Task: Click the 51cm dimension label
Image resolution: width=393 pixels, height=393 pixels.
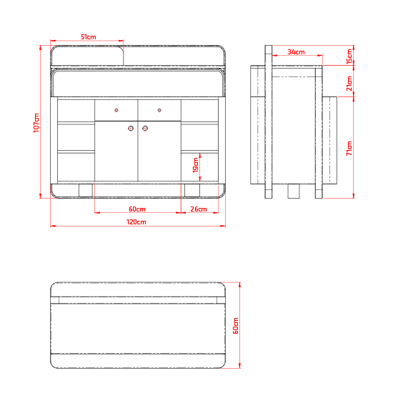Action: click(89, 37)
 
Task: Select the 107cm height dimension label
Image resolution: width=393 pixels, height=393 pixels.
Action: click(36, 123)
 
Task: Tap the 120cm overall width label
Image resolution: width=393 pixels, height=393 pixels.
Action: click(136, 222)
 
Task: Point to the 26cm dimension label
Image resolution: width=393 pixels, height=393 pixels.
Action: click(199, 209)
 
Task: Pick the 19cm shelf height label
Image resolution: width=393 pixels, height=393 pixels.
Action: click(196, 166)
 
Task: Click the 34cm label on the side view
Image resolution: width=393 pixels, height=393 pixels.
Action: click(296, 52)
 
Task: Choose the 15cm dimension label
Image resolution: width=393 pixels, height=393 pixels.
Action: click(349, 56)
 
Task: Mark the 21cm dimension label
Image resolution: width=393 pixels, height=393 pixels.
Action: click(349, 84)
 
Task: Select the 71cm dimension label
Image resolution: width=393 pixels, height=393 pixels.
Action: click(349, 149)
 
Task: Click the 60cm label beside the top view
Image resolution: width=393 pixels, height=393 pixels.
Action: click(236, 326)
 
